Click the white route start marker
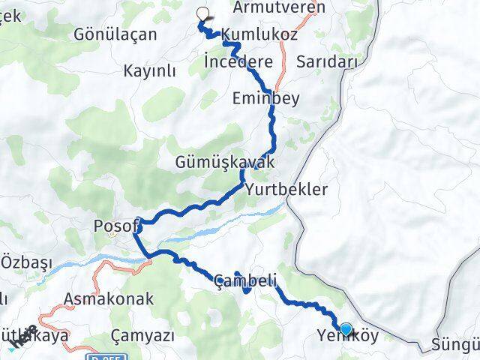(202, 13)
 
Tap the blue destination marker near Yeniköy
(346, 328)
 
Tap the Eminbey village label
(266, 97)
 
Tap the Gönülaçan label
(115, 34)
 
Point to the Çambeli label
(244, 281)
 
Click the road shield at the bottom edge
(104, 355)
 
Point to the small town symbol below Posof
(114, 235)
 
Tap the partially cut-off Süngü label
(454, 346)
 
